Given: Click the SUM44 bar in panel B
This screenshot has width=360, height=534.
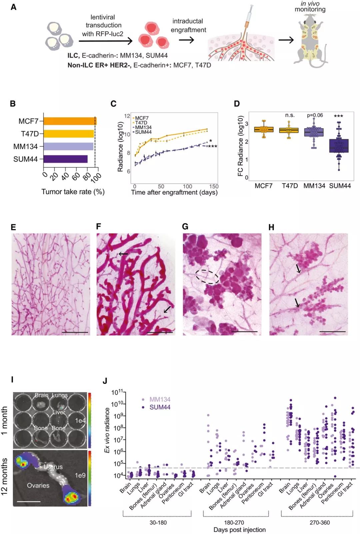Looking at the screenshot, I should coord(65,159).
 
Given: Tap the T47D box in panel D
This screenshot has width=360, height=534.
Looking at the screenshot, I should coord(289,130).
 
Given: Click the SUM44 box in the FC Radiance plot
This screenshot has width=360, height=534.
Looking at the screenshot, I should coord(339,146).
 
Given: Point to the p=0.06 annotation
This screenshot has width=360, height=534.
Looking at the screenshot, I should coord(315,115).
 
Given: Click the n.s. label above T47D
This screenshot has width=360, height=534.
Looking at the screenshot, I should coord(290,115).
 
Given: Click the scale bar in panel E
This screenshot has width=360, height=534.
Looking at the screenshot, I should coord(75,332).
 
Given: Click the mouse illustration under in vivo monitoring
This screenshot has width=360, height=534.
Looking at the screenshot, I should coord(310,40).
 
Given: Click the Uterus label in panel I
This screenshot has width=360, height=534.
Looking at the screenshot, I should coord(53,467).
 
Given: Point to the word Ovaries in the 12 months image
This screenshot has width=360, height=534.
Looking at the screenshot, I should coord(38,485).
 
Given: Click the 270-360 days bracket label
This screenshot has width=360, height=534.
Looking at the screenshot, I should coord(319,522).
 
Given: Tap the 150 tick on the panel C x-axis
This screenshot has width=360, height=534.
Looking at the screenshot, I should coord(214,187).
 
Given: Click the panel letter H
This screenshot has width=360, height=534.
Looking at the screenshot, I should coord(272,227).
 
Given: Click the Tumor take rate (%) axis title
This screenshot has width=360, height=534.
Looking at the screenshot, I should coord(73,192).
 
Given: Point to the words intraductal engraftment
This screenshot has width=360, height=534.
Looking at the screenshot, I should coord(188,25).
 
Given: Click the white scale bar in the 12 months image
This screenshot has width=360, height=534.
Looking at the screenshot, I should coord(28,501).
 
